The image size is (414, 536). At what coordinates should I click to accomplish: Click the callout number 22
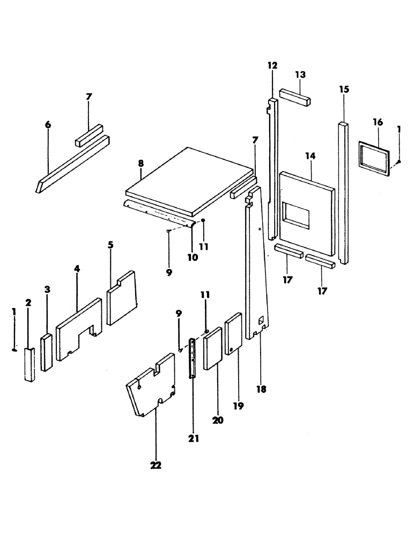[156, 466]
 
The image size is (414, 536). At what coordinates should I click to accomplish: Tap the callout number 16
[378, 122]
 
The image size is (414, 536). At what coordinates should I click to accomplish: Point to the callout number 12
[272, 65]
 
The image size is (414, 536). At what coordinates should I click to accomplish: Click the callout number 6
[48, 125]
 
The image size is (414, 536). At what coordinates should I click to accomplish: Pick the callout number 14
[310, 156]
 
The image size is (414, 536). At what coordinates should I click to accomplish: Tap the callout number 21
[194, 438]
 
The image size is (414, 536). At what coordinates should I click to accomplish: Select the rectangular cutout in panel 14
[296, 213]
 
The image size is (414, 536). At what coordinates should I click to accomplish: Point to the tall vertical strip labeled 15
[344, 193]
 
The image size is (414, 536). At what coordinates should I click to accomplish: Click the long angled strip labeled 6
[72, 161]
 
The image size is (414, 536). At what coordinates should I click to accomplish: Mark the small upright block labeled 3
[47, 352]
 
